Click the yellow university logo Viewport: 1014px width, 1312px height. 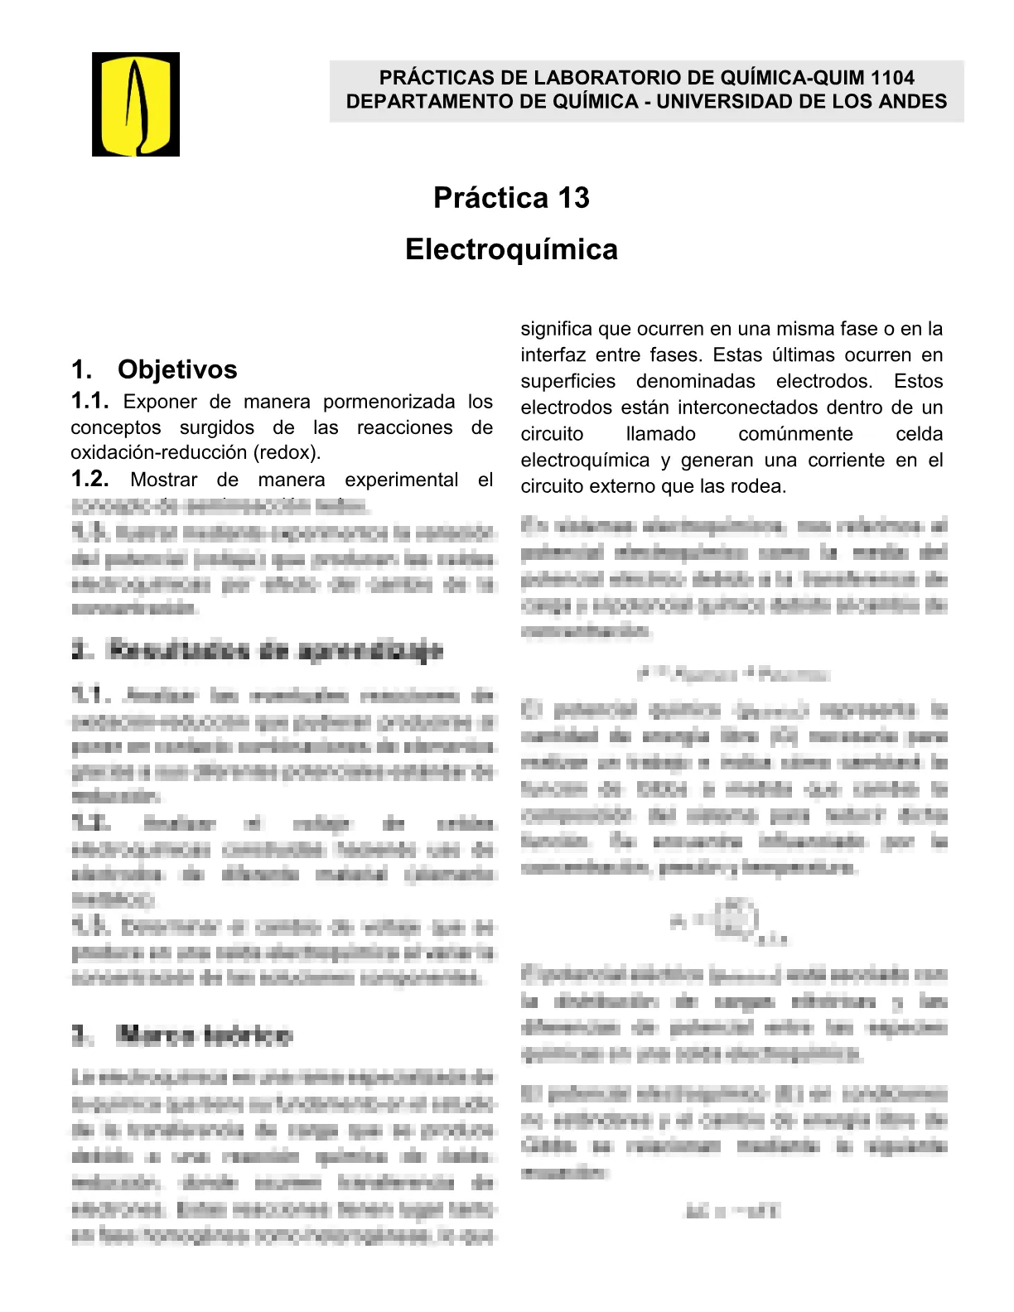click(136, 104)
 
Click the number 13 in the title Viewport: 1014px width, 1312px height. click(573, 199)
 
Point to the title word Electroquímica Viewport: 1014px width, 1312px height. click(511, 250)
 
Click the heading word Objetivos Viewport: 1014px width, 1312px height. click(177, 369)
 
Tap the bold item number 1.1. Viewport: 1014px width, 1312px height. click(89, 402)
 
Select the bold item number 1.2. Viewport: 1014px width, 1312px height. click(89, 480)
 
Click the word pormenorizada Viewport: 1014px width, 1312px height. click(389, 403)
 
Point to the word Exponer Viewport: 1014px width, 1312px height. click(160, 403)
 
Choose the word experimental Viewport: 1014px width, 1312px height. click(401, 480)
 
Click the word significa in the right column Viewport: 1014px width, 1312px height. click(556, 330)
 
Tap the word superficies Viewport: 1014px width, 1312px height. click(567, 382)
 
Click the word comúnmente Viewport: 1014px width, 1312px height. click(795, 435)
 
